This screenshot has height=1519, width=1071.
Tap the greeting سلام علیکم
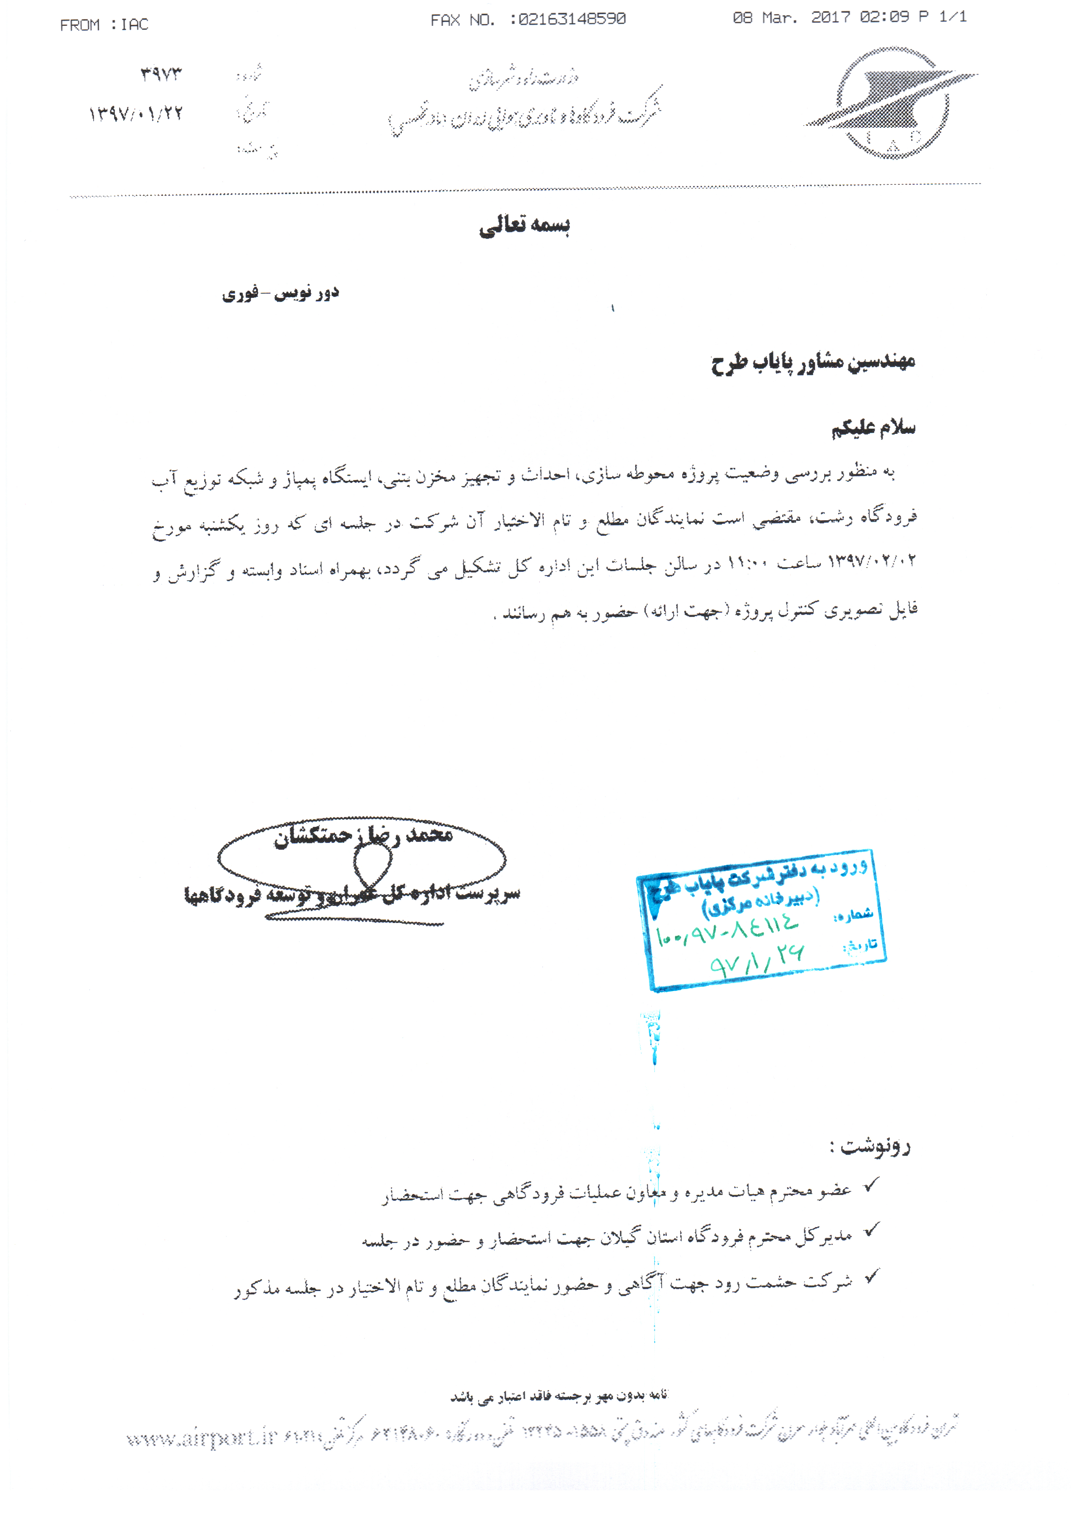[873, 428]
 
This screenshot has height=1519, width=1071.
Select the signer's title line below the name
[352, 895]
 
